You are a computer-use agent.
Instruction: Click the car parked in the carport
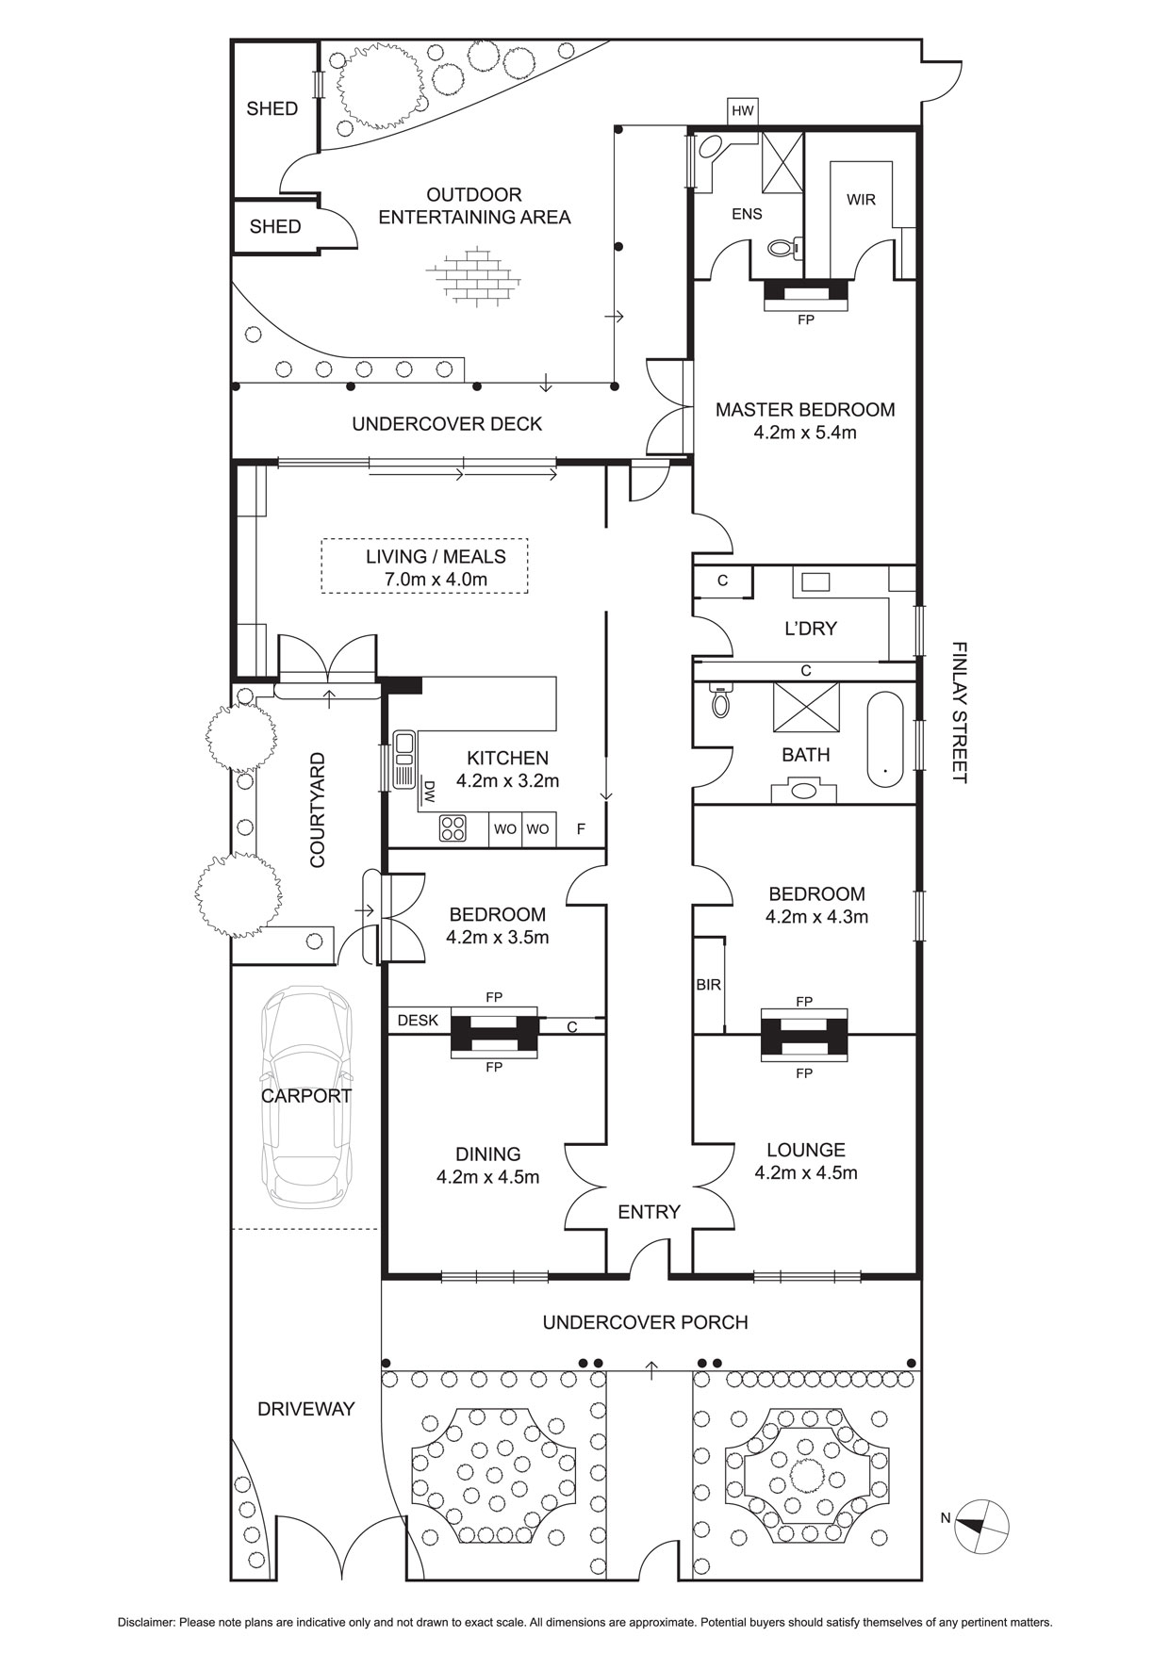tap(305, 1097)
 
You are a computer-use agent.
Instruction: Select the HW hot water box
tap(743, 111)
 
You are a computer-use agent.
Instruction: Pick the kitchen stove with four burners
tap(453, 828)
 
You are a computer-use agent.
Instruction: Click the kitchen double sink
tap(404, 759)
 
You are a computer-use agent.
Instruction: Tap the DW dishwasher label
tap(429, 792)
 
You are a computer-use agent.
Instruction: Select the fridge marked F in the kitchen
tap(581, 829)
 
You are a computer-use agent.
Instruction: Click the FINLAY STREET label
tap(959, 712)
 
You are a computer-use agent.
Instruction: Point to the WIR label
tap(861, 200)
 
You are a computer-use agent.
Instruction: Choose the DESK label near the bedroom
tap(418, 1020)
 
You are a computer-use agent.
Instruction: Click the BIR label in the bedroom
tap(708, 985)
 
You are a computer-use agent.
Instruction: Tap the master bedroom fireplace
tap(805, 296)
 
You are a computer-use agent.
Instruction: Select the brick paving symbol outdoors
tap(474, 276)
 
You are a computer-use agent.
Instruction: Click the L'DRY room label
tap(811, 628)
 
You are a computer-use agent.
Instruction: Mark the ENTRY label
tap(649, 1212)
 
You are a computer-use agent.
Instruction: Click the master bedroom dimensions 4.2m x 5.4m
tap(805, 434)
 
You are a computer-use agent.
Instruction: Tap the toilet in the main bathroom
tap(721, 701)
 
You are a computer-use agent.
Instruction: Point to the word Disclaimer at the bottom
tap(146, 1623)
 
